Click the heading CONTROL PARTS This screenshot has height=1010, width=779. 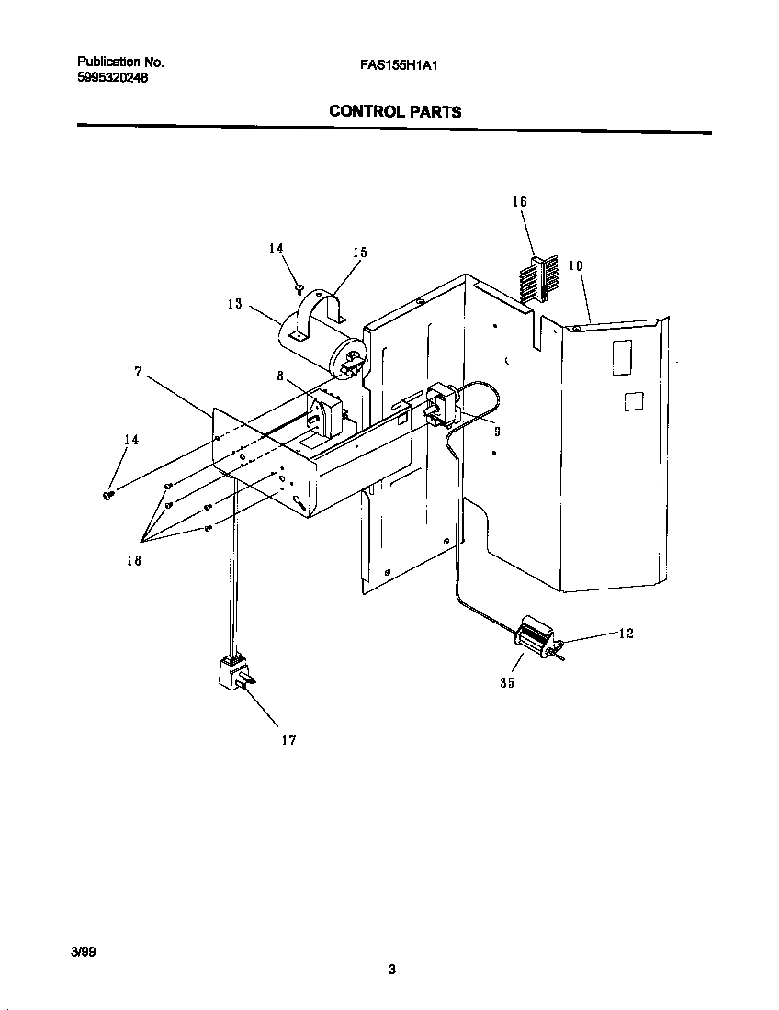tap(395, 112)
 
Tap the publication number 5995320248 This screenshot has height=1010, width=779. tap(112, 78)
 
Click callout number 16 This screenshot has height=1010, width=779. tap(520, 201)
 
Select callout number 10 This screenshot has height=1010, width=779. tap(575, 265)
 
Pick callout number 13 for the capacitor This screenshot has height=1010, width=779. tap(236, 304)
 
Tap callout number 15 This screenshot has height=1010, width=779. tap(359, 252)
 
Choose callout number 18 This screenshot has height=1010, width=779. tap(134, 561)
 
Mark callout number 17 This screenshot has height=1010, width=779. tap(288, 740)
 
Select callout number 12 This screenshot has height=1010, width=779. tap(625, 634)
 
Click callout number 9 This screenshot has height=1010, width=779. tap(496, 431)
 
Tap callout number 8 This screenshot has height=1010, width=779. tap(280, 376)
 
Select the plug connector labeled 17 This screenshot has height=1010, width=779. tap(234, 673)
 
